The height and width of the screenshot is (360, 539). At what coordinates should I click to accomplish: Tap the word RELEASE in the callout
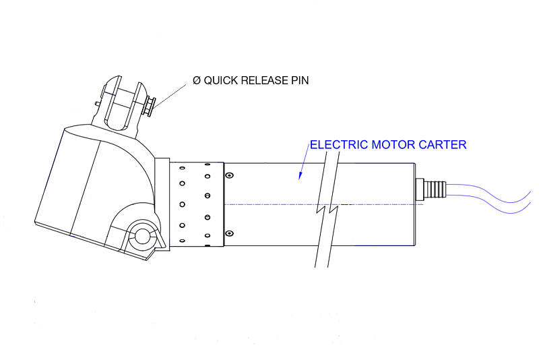(265, 81)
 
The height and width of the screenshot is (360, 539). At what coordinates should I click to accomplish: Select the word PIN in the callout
(299, 81)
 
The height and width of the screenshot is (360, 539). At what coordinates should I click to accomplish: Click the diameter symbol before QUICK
(196, 81)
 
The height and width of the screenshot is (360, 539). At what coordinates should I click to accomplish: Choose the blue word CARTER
(443, 145)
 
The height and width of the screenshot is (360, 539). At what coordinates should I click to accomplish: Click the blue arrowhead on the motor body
(300, 177)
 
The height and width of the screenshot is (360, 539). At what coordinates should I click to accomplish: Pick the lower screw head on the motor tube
(229, 233)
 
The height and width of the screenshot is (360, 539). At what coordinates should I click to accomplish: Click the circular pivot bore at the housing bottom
(143, 235)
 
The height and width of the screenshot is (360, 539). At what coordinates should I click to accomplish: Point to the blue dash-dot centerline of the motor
(269, 204)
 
